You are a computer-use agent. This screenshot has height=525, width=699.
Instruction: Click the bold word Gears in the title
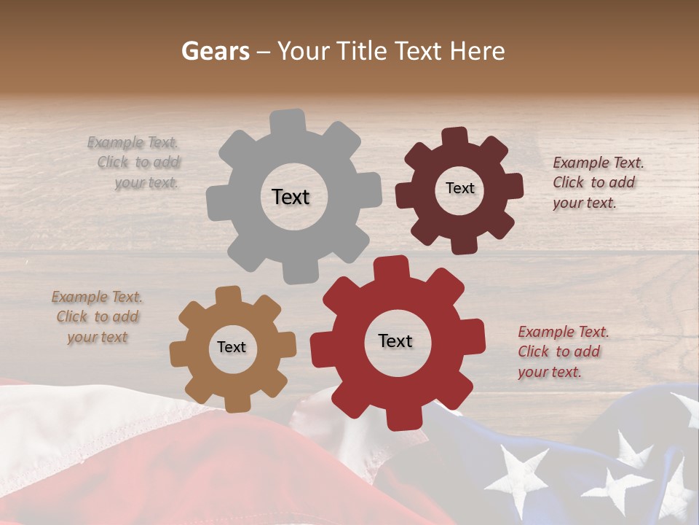[x=215, y=51]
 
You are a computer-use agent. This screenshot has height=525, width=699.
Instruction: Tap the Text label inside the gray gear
[x=291, y=197]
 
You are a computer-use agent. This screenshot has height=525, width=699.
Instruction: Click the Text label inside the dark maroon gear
[x=459, y=188]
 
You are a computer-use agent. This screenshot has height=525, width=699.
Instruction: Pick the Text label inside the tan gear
[x=232, y=348]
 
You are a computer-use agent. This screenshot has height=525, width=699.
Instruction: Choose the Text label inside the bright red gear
[x=395, y=341]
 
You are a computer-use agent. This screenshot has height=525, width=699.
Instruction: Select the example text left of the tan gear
[x=98, y=317]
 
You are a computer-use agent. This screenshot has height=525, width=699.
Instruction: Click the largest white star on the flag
[x=518, y=478]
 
